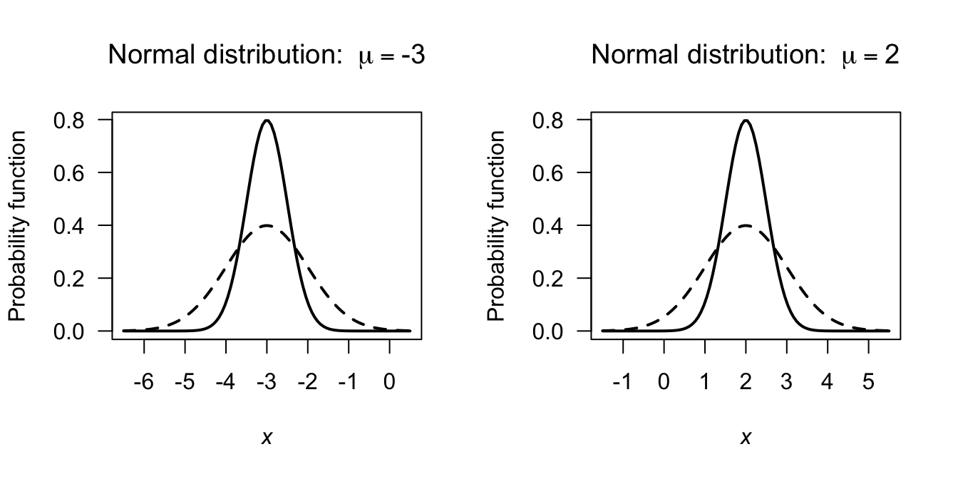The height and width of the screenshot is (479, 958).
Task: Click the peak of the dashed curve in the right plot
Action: tap(746, 225)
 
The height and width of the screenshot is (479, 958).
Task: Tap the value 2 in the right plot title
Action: tap(892, 55)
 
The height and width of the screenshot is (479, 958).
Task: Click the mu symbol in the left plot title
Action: tap(365, 57)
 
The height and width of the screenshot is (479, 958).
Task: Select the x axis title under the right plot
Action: tap(746, 438)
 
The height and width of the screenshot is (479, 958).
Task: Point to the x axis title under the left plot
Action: tap(267, 438)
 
